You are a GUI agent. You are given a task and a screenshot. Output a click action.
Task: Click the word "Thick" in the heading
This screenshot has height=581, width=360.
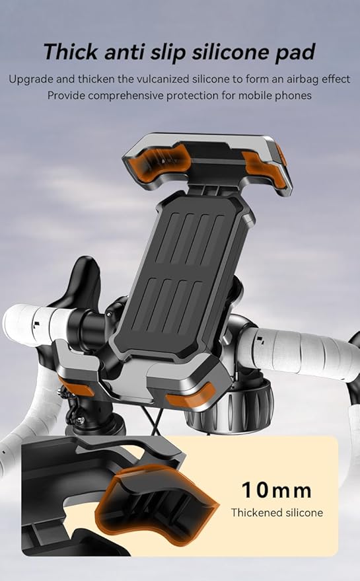point(71,52)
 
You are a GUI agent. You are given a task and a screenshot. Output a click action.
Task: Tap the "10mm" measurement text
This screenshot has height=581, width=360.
point(277,490)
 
